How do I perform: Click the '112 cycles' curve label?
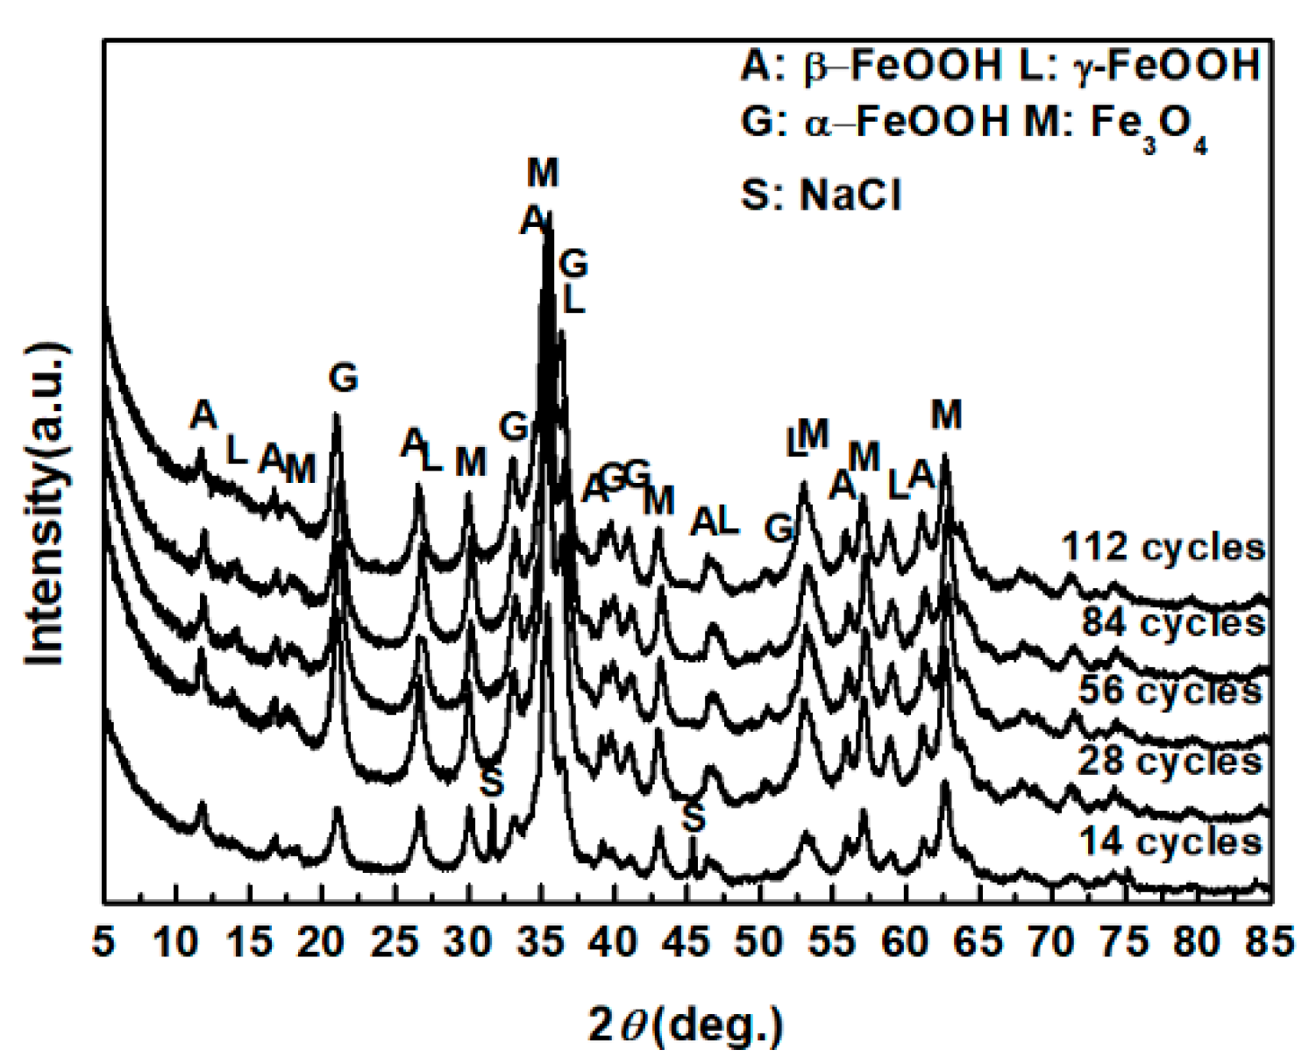pyautogui.click(x=1163, y=547)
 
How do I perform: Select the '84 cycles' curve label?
pyautogui.click(x=1172, y=622)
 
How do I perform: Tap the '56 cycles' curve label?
pyautogui.click(x=1170, y=691)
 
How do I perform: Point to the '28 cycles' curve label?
pyautogui.click(x=1170, y=761)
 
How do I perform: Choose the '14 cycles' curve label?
pyautogui.click(x=1170, y=841)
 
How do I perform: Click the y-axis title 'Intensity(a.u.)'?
pyautogui.click(x=46, y=505)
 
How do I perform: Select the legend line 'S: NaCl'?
pyautogui.click(x=821, y=195)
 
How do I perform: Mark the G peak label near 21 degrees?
pyautogui.click(x=344, y=379)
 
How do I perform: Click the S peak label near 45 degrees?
pyautogui.click(x=694, y=818)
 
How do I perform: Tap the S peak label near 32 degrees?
pyautogui.click(x=492, y=783)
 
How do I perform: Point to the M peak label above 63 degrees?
pyautogui.click(x=946, y=414)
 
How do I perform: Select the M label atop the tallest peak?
pyautogui.click(x=543, y=173)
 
